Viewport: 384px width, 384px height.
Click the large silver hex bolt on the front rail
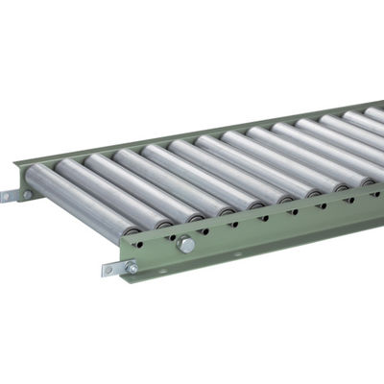pos(186,245)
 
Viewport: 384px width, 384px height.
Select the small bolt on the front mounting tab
pos(131,268)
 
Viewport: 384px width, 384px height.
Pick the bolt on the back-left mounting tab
pos(27,195)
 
